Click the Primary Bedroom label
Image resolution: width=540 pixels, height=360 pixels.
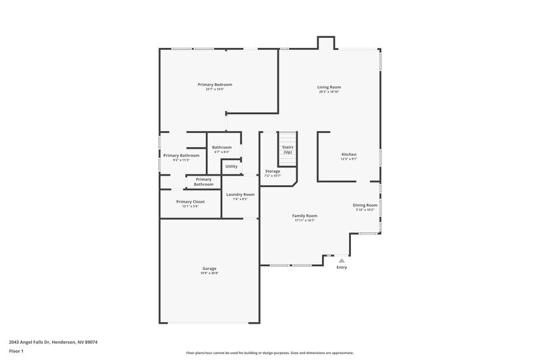pyautogui.click(x=215, y=84)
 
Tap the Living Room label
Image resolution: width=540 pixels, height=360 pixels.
pyautogui.click(x=329, y=86)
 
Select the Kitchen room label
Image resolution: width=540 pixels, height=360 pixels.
pyautogui.click(x=348, y=155)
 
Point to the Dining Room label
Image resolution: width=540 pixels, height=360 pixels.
pyautogui.click(x=364, y=205)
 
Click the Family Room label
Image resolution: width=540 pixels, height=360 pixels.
pyautogui.click(x=304, y=216)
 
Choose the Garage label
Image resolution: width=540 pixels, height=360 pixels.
pyautogui.click(x=209, y=269)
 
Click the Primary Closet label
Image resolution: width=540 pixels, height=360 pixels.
pyautogui.click(x=190, y=201)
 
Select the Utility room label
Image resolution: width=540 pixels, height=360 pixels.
pyautogui.click(x=232, y=166)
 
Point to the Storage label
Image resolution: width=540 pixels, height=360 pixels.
pyautogui.click(x=272, y=172)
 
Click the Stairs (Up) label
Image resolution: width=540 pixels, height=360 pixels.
pyautogui.click(x=288, y=149)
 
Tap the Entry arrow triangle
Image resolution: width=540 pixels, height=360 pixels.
pyautogui.click(x=342, y=259)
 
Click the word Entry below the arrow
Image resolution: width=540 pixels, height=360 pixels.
pyautogui.click(x=342, y=267)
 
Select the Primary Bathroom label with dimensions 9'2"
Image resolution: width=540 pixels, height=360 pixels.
pyautogui.click(x=181, y=155)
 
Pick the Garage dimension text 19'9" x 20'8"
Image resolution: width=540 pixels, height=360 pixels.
pyautogui.click(x=209, y=274)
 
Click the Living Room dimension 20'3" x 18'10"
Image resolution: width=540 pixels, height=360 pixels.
pyautogui.click(x=329, y=91)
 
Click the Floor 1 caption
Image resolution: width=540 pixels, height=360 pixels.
pyautogui.click(x=16, y=351)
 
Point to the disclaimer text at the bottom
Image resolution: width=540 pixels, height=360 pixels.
pyautogui.click(x=269, y=353)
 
